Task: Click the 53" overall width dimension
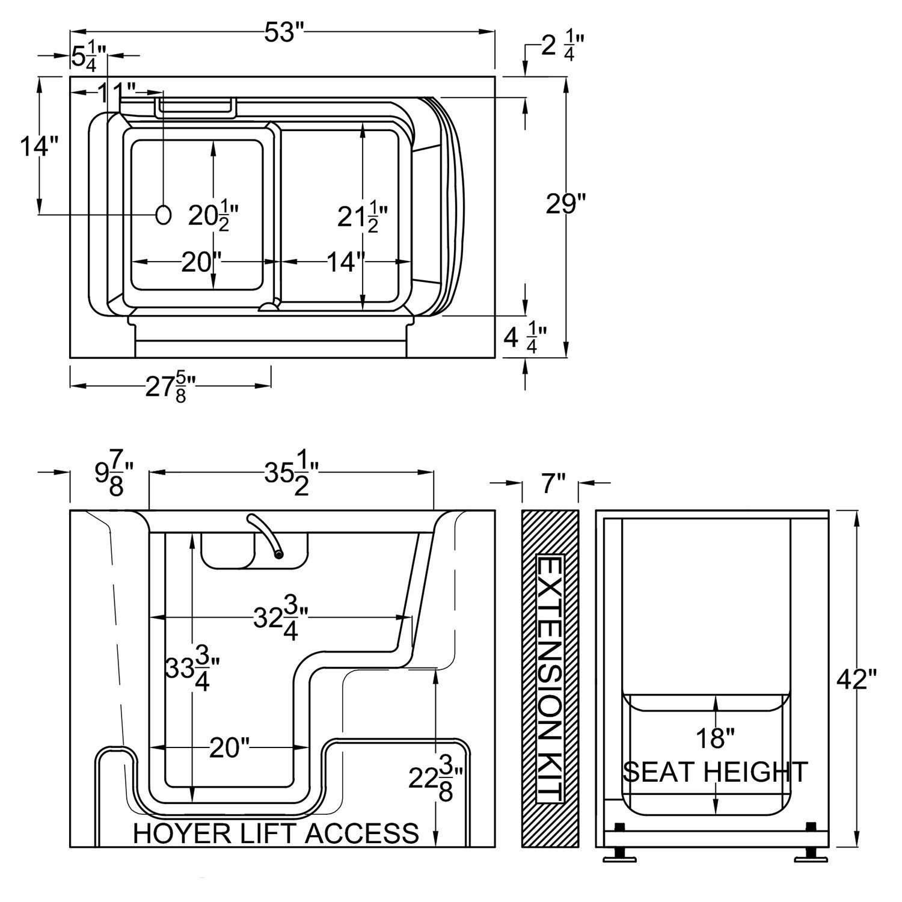281,32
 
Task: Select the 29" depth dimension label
565,204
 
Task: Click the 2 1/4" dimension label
562,46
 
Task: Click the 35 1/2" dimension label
291,476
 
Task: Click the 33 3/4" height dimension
192,669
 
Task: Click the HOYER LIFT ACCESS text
275,833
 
